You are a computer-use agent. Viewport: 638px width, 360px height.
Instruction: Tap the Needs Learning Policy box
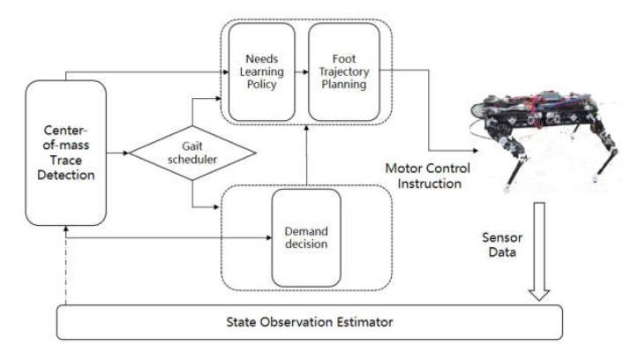[263, 71]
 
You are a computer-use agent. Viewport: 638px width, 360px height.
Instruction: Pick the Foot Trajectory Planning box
[342, 71]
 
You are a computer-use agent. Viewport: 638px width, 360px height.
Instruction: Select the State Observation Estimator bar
[309, 323]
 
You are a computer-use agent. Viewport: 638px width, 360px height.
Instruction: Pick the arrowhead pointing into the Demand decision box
[266, 238]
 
